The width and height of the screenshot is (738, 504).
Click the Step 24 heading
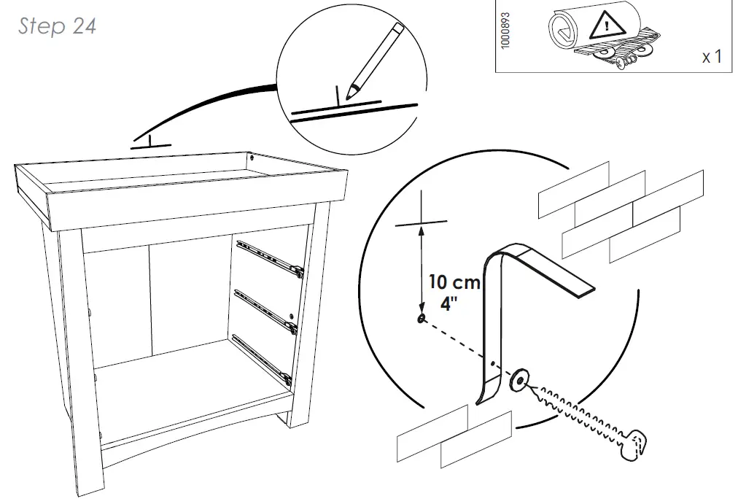[57, 26]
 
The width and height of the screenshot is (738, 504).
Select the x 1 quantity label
[711, 56]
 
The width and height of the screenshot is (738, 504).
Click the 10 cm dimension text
[454, 282]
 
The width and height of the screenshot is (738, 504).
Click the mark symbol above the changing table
[150, 143]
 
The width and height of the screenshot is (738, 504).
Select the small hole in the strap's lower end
[494, 362]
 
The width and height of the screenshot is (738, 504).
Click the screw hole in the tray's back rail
[252, 157]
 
